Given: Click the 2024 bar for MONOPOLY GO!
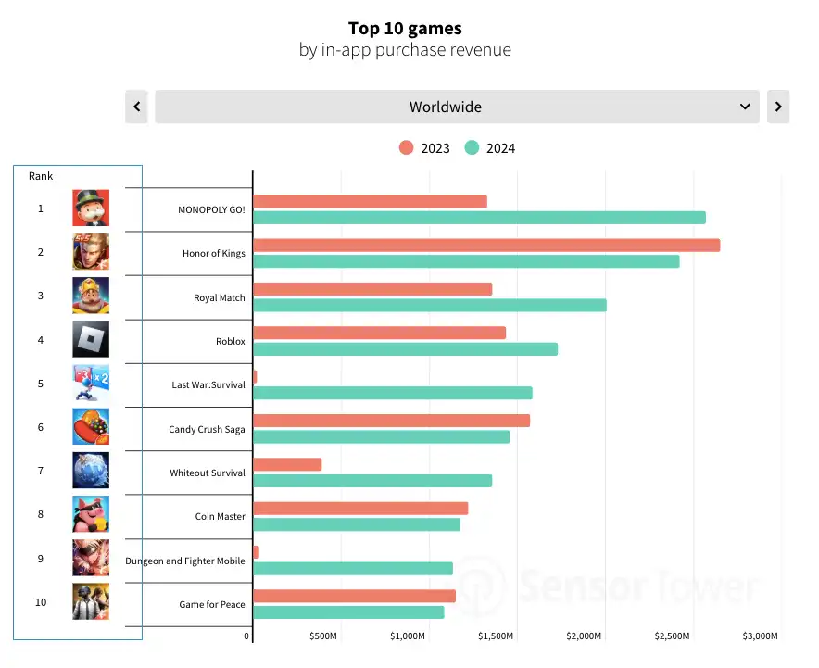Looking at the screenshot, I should (479, 218).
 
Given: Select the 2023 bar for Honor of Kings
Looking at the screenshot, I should (486, 245).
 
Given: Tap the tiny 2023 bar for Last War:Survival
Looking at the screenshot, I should (255, 377).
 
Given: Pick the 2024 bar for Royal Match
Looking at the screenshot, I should (430, 305).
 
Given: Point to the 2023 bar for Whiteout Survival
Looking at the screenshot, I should (287, 464).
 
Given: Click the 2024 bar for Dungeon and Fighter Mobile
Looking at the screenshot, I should (353, 568).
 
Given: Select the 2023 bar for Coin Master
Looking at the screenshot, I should (360, 508).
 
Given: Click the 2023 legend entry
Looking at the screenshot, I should (424, 148).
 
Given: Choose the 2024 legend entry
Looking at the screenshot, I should (490, 148).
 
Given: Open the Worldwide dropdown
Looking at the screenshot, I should (457, 107).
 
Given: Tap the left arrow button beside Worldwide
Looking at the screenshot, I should (136, 107).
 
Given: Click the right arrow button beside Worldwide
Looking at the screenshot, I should (778, 107).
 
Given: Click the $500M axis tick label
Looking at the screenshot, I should (322, 636).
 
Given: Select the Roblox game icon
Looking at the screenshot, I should (91, 339).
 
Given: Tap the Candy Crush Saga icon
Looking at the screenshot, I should (91, 427).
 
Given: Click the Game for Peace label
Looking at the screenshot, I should (212, 605).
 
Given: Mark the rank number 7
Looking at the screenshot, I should (41, 471).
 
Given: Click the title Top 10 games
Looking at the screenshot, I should (405, 29).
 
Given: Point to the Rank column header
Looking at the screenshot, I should (41, 176).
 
